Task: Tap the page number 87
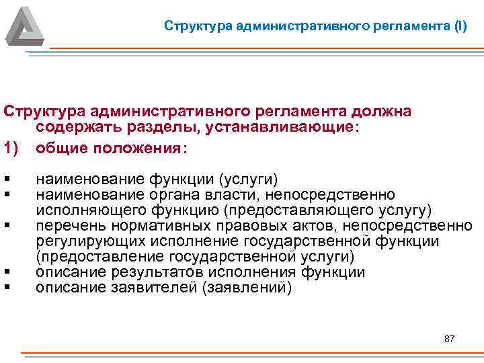[x=450, y=338]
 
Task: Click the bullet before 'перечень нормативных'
[x=6, y=225]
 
